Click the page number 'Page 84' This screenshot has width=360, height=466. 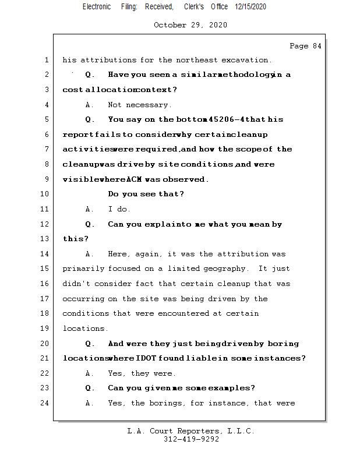pyautogui.click(x=305, y=46)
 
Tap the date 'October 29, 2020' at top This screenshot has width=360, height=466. pyautogui.click(x=190, y=25)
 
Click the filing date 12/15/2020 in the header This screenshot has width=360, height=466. pyautogui.click(x=250, y=6)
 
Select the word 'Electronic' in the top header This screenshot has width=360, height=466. pyautogui.click(x=97, y=6)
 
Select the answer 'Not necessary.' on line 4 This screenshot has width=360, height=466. pyautogui.click(x=140, y=105)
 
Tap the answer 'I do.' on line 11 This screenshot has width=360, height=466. pyautogui.click(x=119, y=209)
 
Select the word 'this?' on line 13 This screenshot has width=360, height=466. pyautogui.click(x=76, y=239)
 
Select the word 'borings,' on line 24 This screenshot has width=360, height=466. pyautogui.click(x=178, y=403)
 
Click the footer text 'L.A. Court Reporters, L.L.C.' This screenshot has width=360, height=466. pyautogui.click(x=190, y=431)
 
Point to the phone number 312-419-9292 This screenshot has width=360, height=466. pyautogui.click(x=191, y=439)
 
